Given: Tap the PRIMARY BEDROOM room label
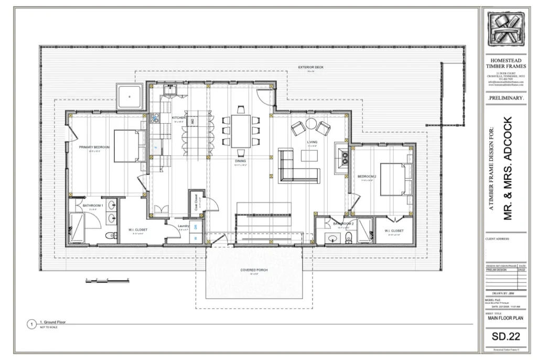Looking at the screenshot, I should pos(94,147).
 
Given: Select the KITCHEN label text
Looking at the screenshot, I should pos(178,118).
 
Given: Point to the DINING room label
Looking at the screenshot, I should pos(240,161).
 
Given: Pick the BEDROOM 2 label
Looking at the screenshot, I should pos(366,176).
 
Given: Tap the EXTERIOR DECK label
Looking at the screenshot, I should pos(310,67).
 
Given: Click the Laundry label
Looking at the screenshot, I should pos(183,226).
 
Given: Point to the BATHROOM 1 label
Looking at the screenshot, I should pos(93,205).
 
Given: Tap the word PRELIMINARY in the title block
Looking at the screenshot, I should pos(506,98).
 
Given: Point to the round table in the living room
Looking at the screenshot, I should pos(311,124).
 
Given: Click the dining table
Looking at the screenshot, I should pos(241,131).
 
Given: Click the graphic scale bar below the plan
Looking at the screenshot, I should pos(107,281).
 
